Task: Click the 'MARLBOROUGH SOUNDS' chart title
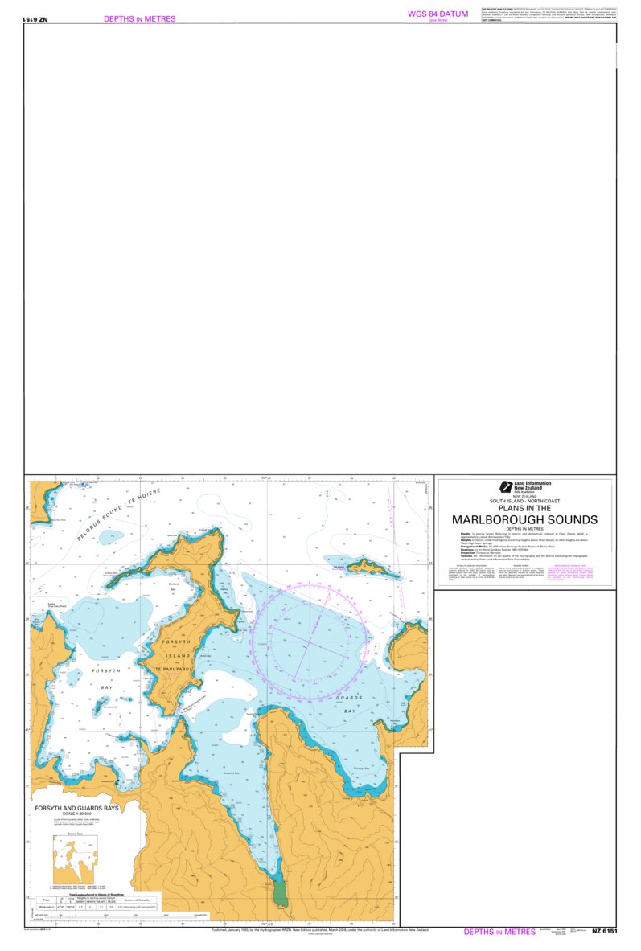point(524,519)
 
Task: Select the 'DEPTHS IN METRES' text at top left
point(139,18)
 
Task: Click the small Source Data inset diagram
point(74,859)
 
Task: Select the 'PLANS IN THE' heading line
point(524,508)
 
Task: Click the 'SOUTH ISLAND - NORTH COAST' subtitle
point(524,501)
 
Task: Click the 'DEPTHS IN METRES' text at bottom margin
point(499,932)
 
